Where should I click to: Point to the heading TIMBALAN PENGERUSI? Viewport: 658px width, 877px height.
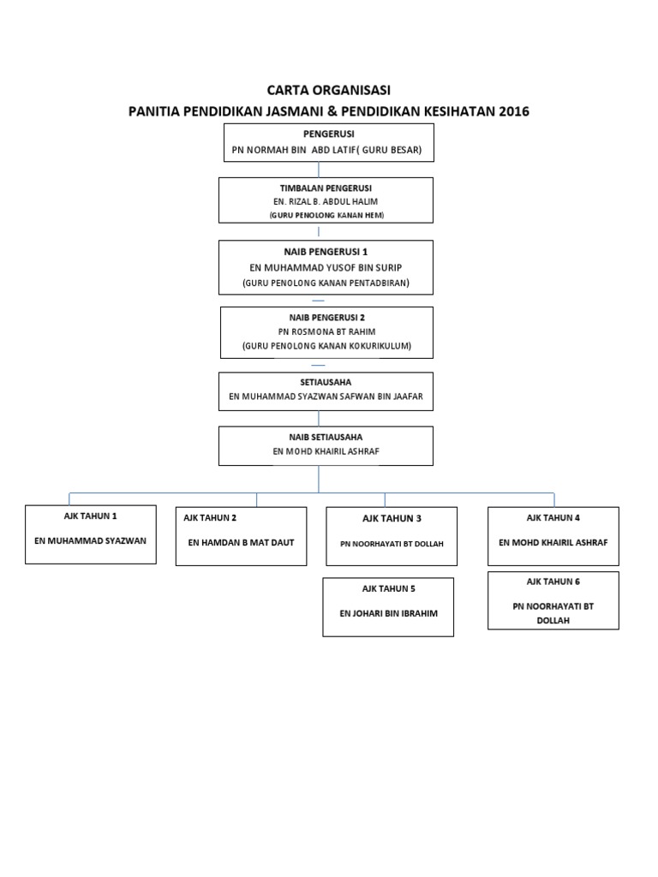coord(326,188)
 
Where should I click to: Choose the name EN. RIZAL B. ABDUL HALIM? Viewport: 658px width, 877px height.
coord(325,201)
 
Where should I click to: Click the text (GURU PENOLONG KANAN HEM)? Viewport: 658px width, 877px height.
coord(325,215)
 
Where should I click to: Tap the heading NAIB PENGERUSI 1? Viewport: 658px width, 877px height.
coord(326,252)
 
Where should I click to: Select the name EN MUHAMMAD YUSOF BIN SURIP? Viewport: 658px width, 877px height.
coord(325,267)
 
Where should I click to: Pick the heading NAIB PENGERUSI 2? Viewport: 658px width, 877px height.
coord(326,317)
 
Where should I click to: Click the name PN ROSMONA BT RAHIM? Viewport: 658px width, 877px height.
coord(326,331)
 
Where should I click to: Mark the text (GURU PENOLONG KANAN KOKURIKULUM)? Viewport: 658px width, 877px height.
coord(326,346)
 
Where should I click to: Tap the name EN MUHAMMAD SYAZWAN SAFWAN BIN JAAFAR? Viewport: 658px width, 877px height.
coord(326,397)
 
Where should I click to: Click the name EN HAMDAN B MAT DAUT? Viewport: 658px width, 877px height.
coord(241,541)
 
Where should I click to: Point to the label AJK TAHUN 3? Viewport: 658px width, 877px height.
coord(392,518)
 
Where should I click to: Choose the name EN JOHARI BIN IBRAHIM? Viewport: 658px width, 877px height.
coord(387,614)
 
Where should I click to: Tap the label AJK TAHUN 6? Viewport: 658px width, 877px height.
coord(553,582)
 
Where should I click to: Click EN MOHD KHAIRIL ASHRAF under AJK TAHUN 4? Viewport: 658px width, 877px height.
coord(553,542)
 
